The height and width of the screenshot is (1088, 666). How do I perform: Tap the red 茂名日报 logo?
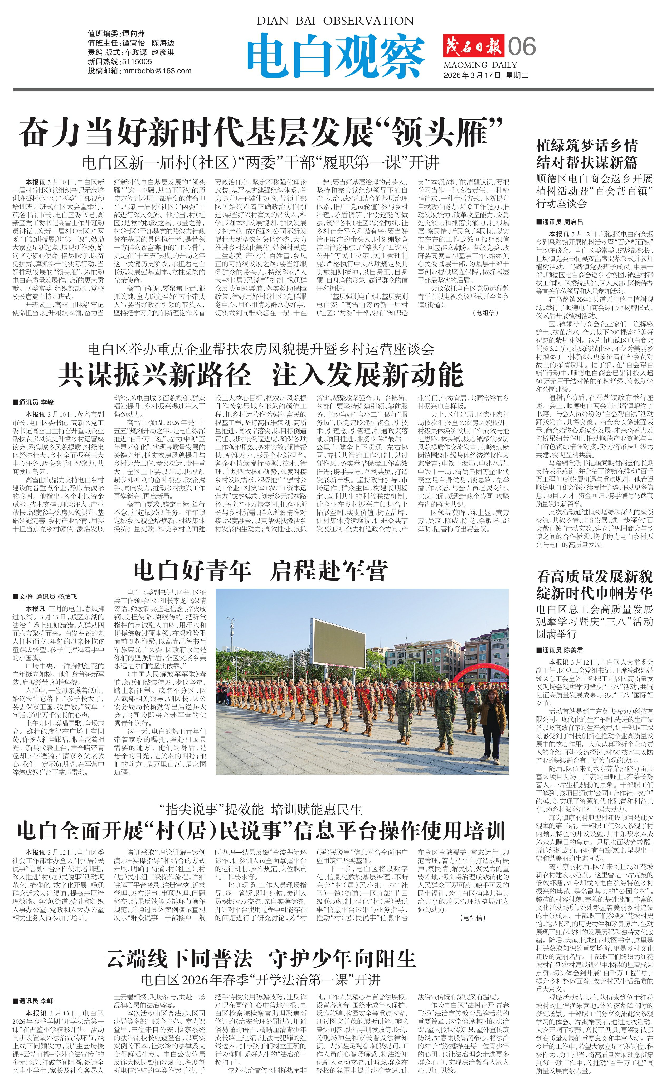473,47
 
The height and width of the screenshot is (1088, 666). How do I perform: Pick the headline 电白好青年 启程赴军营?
260,570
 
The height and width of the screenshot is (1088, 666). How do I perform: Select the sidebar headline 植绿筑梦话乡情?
587,146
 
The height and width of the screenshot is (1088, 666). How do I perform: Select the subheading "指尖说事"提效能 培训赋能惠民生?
260,809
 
